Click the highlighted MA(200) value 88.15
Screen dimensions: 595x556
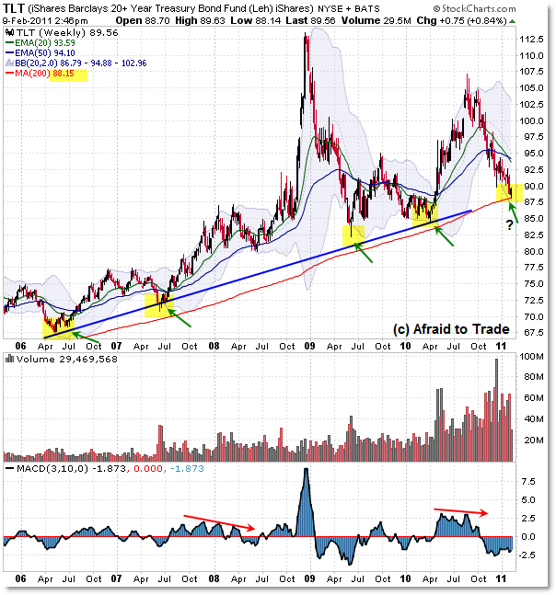pyautogui.click(x=72, y=75)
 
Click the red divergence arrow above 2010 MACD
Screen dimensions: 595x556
pyautogui.click(x=460, y=509)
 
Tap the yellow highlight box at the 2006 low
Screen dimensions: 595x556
pyautogui.click(x=58, y=323)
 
